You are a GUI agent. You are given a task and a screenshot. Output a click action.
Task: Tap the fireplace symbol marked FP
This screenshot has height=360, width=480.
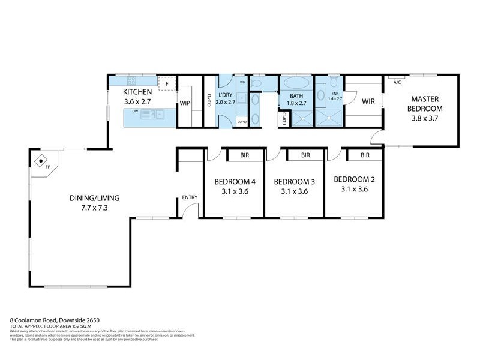40,160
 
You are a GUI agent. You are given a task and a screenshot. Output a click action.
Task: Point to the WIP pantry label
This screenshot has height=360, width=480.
185,103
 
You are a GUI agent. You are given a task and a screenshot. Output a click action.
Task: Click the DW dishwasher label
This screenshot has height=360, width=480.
135,111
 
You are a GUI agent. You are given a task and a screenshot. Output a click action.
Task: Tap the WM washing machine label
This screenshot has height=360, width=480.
242,82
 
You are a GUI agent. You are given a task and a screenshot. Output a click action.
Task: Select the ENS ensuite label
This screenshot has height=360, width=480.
335,94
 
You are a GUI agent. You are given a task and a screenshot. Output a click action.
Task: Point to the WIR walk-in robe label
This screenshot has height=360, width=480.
368,101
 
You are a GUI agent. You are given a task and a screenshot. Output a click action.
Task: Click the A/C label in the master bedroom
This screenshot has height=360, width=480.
397,82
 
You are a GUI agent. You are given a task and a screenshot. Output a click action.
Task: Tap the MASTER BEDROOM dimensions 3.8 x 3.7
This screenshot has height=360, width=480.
425,119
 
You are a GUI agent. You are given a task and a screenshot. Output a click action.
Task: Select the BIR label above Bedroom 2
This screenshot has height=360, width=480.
365,155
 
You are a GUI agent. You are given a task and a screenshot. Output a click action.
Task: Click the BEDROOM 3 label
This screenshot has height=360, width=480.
294,181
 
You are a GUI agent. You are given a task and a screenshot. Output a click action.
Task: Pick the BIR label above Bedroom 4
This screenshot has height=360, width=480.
245,155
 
